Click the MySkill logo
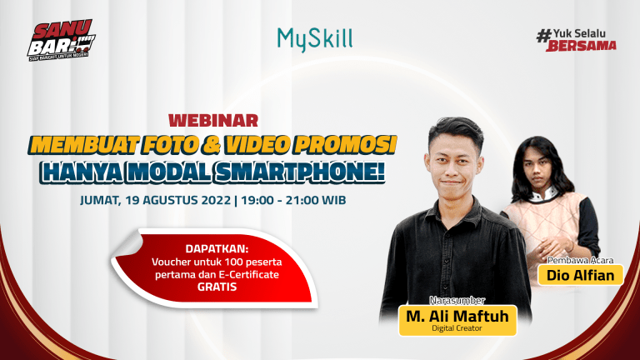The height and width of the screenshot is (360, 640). click(314, 38)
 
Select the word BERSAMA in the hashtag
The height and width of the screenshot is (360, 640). click(582, 46)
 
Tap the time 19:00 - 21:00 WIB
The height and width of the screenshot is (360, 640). click(292, 201)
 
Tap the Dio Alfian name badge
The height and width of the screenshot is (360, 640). click(581, 274)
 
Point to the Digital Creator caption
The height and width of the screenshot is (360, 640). click(457, 329)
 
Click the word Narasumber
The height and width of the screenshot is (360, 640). click(457, 300)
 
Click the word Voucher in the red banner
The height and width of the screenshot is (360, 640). click(170, 261)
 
